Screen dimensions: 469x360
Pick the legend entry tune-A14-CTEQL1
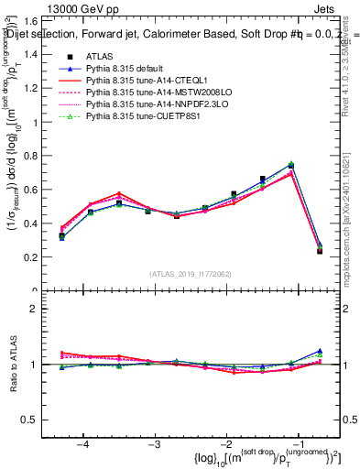click(137, 81)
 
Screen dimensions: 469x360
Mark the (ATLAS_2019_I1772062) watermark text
click(190, 273)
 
